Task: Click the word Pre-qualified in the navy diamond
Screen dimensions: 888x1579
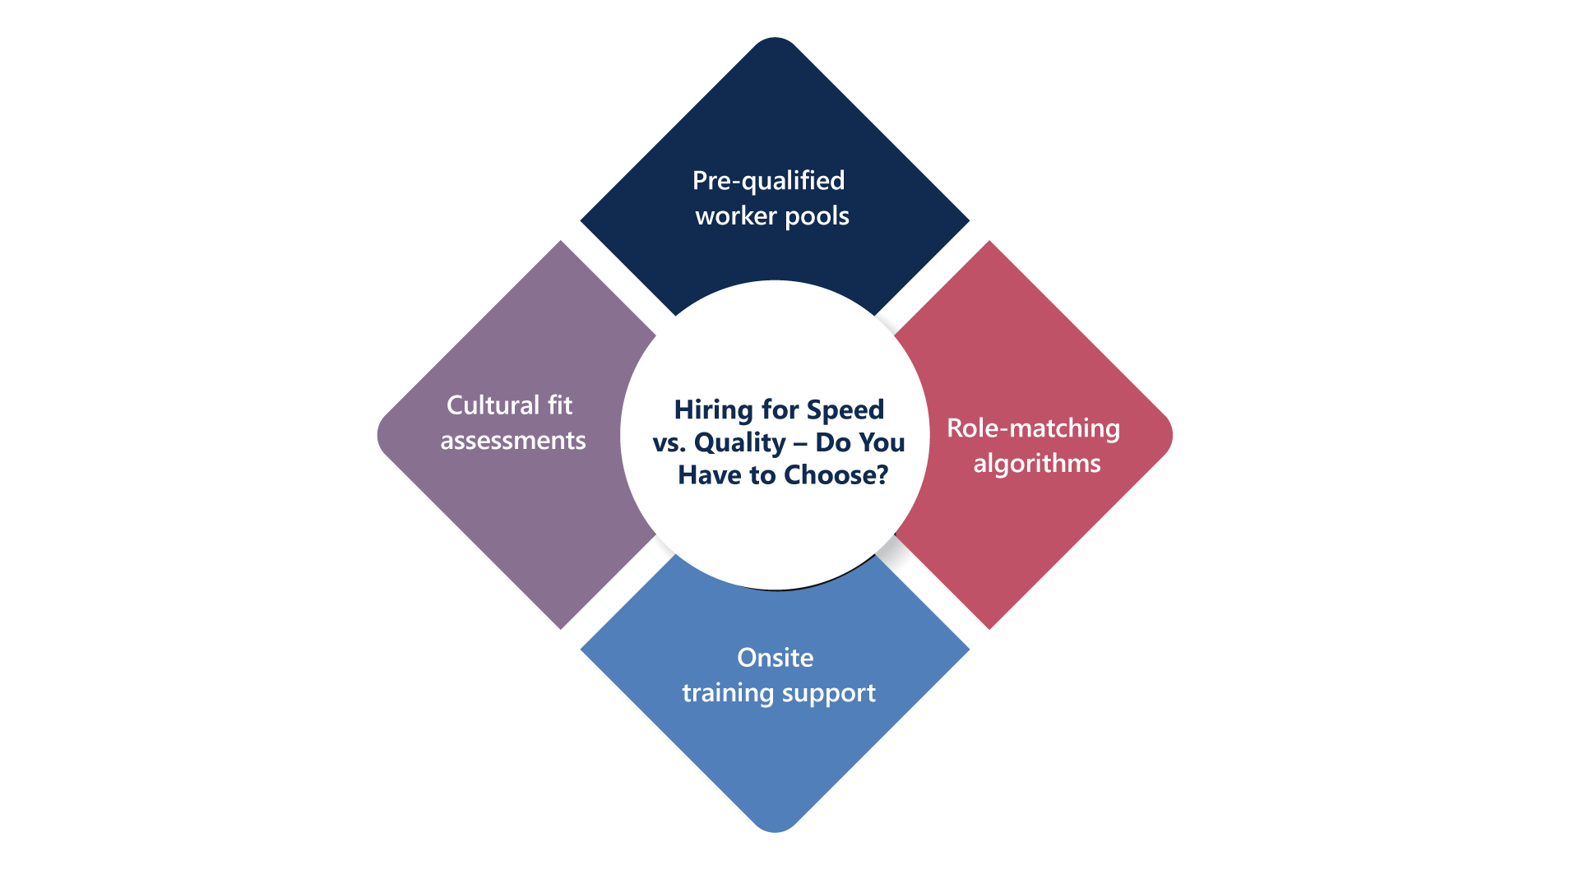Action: click(x=768, y=181)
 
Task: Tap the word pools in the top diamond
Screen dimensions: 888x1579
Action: click(x=817, y=216)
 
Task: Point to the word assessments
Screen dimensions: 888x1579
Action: click(x=513, y=441)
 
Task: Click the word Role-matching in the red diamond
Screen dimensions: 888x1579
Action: click(x=1033, y=428)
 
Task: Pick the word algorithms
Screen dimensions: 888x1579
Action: click(x=1036, y=464)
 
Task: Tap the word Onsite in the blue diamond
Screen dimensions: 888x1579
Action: click(x=775, y=658)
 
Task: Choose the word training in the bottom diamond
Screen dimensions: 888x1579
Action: click(x=728, y=693)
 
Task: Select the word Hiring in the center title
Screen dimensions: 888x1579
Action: click(x=713, y=409)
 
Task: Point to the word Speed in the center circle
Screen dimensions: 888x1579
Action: click(x=845, y=409)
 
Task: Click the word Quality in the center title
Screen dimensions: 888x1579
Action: click(x=739, y=442)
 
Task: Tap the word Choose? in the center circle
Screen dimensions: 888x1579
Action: click(x=836, y=475)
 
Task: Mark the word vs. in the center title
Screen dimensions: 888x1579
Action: click(x=669, y=442)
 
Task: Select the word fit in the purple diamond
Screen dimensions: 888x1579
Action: click(x=560, y=405)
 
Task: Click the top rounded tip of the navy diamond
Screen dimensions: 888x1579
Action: click(x=775, y=41)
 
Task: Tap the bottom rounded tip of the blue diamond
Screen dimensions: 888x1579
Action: click(x=775, y=828)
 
